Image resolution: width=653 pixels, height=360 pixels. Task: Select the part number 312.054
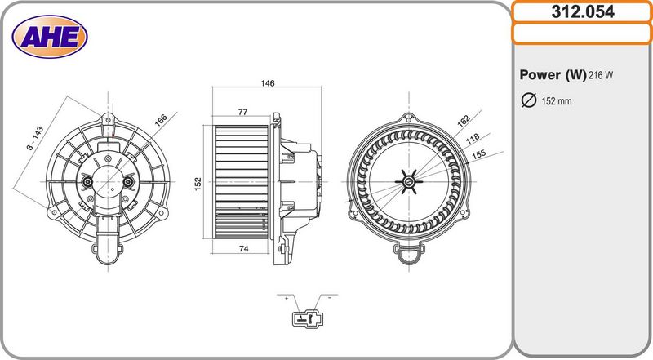click(x=582, y=12)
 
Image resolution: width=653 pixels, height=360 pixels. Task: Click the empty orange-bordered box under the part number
click(x=582, y=33)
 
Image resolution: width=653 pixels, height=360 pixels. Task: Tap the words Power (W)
click(x=553, y=75)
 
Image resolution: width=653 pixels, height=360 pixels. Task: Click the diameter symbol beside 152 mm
click(x=528, y=100)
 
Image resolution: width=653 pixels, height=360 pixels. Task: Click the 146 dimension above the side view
click(x=267, y=83)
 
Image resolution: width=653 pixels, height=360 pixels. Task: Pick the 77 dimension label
click(x=242, y=112)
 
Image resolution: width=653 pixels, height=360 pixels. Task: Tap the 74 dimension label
click(x=242, y=249)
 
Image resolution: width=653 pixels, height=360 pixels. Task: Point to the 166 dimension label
click(x=161, y=119)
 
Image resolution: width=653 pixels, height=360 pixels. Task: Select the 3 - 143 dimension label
click(x=33, y=137)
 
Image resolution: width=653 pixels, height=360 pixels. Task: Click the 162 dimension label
click(x=464, y=120)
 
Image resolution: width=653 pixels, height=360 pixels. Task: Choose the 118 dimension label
click(x=472, y=139)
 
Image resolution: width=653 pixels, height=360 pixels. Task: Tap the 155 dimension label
click(x=479, y=153)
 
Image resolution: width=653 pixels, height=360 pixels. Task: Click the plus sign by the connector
click(x=287, y=299)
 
